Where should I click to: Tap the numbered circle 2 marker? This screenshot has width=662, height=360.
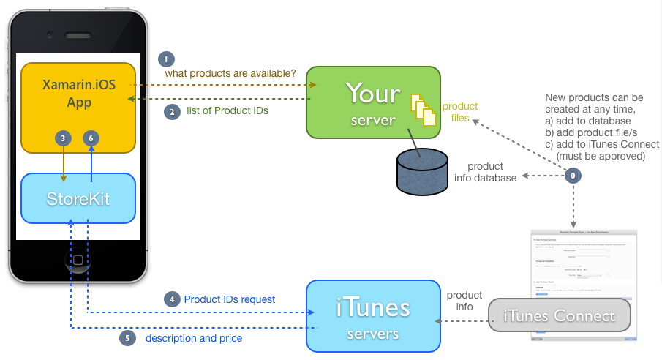(x=171, y=111)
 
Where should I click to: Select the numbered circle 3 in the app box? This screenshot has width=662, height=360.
(x=64, y=138)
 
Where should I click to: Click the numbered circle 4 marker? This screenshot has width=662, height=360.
(x=171, y=299)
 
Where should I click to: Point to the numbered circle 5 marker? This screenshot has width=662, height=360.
(x=127, y=338)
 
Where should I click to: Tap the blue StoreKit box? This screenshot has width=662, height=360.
(x=79, y=198)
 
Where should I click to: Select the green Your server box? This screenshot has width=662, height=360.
(x=373, y=102)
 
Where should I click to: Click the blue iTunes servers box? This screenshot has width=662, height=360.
(x=373, y=315)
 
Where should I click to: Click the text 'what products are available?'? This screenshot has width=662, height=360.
(x=230, y=73)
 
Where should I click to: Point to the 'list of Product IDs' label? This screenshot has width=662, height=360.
(x=227, y=111)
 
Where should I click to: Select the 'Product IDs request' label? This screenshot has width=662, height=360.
(x=230, y=299)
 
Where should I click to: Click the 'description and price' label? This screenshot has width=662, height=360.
(x=194, y=338)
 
